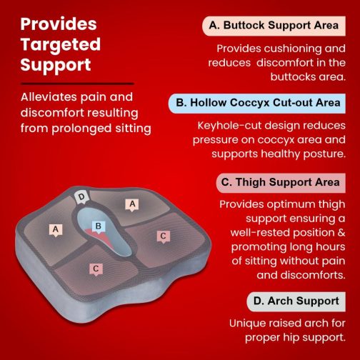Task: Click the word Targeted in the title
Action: tap(61, 45)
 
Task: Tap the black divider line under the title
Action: tap(77, 84)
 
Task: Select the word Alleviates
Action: tap(49, 97)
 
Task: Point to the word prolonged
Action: tap(81, 129)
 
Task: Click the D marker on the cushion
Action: tap(81, 197)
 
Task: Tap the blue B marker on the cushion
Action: tap(98, 226)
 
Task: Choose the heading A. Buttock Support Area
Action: tap(274, 26)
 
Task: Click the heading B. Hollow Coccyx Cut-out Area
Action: tap(257, 103)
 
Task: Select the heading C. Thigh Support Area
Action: tap(281, 183)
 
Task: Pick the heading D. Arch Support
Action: tap(296, 301)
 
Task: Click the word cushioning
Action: tap(292, 49)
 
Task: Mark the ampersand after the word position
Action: tap(341, 233)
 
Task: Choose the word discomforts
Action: tap(313, 275)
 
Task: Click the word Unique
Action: tap(246, 324)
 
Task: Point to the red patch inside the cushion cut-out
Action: tap(101, 237)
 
